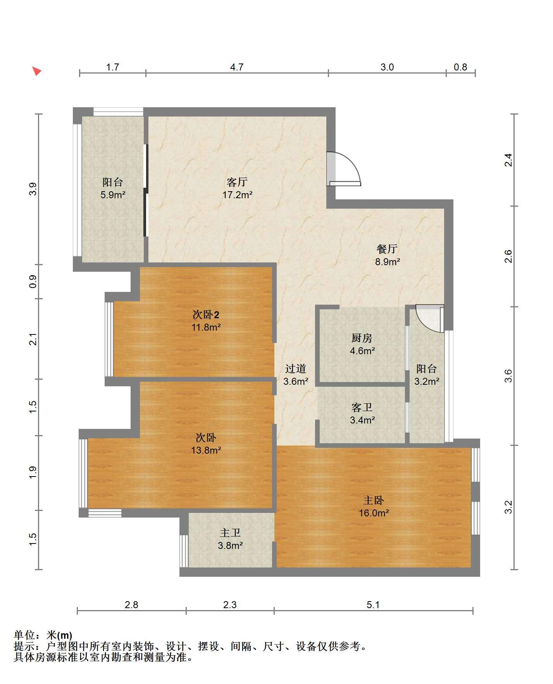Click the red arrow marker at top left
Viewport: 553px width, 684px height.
(x=36, y=71)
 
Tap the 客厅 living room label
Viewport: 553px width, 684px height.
(x=237, y=182)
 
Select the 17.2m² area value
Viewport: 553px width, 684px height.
(x=237, y=195)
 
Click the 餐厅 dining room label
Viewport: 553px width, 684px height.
(x=387, y=249)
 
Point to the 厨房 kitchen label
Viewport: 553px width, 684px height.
(x=362, y=338)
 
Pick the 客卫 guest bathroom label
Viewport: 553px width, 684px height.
(x=362, y=407)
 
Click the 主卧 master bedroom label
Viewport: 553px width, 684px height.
(x=374, y=501)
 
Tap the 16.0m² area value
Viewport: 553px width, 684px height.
(x=374, y=513)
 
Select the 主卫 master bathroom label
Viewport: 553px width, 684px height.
(x=230, y=533)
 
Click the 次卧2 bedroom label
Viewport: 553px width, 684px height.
(x=206, y=314)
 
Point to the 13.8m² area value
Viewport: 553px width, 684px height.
(x=206, y=450)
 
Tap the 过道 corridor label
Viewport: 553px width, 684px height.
(x=296, y=369)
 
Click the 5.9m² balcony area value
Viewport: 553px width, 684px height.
(x=113, y=195)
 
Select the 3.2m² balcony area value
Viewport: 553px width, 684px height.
(x=427, y=381)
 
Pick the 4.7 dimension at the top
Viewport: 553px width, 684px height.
(x=237, y=67)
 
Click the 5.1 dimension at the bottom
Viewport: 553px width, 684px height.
(x=373, y=605)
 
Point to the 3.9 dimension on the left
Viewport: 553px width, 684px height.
(x=33, y=189)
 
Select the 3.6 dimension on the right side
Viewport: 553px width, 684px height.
(x=508, y=376)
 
